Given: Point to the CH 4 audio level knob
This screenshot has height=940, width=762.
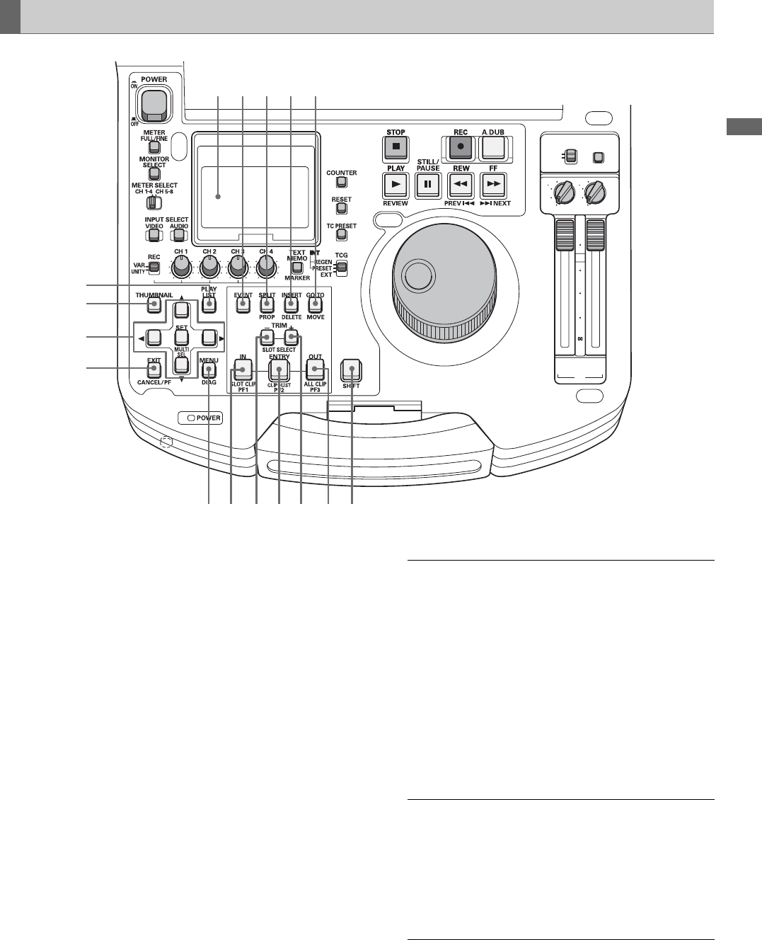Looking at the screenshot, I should [266, 267].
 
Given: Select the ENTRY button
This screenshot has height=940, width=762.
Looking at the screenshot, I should [279, 369].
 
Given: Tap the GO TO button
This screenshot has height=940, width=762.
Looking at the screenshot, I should [315, 305].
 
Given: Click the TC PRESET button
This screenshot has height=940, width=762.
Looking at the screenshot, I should [341, 235].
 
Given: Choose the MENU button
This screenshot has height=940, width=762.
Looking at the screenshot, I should [209, 369].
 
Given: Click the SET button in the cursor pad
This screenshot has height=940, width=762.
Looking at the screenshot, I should [181, 337].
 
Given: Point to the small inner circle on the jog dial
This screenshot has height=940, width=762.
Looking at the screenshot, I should [417, 275].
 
